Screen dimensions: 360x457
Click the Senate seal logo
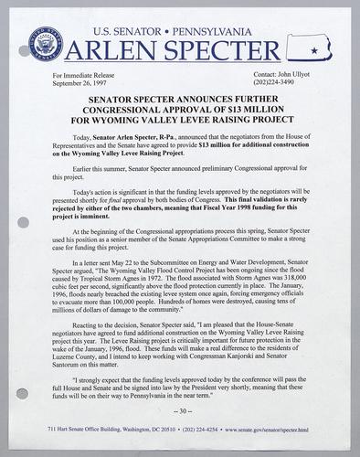pyautogui.click(x=48, y=43)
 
